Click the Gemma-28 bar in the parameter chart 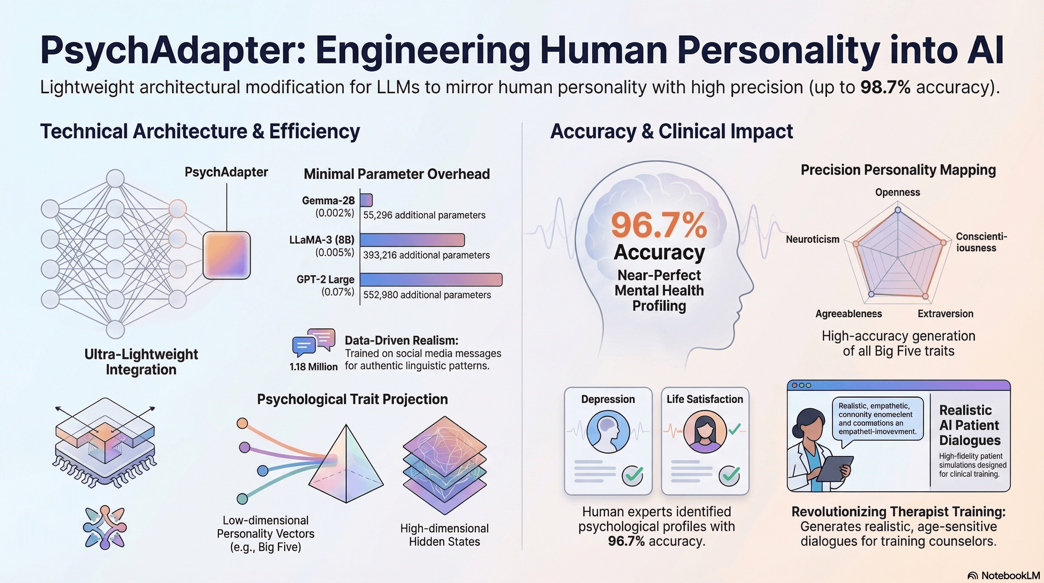pos(366,200)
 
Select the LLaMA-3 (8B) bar pos(412,240)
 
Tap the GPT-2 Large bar pos(431,280)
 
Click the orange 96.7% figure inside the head pos(659,225)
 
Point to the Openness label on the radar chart pos(897,192)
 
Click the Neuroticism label pos(812,239)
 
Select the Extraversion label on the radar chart pos(945,314)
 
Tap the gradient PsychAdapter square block pos(226,255)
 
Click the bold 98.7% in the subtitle pos(885,87)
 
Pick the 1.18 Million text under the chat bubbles pos(313,367)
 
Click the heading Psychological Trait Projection pos(352,399)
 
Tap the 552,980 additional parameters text pos(427,295)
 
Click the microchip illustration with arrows pos(105,442)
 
